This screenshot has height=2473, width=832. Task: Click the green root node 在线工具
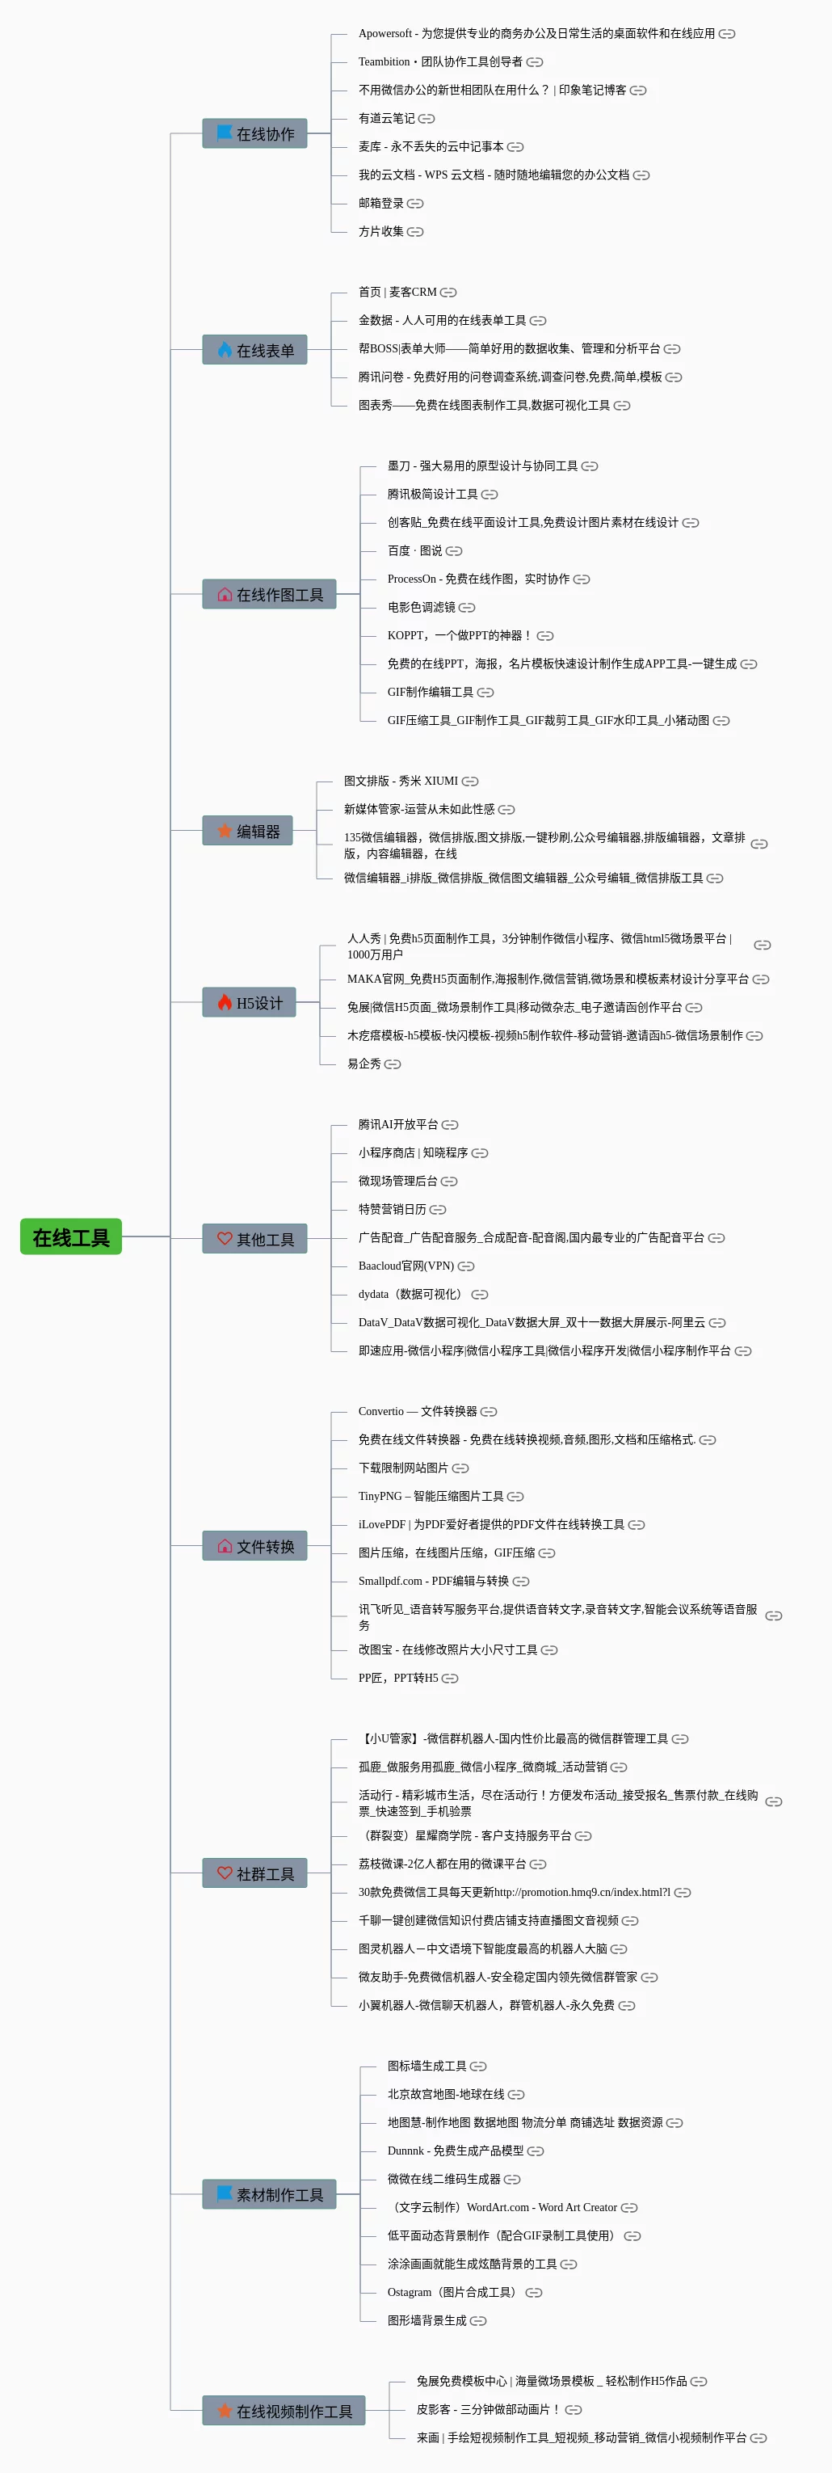tap(71, 1236)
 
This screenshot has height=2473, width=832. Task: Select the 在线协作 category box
tap(254, 133)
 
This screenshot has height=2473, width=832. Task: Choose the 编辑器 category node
tap(246, 831)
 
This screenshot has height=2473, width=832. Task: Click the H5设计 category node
tap(249, 1002)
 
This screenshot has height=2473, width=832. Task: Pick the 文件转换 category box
tap(254, 1545)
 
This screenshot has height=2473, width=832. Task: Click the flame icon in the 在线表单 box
tap(225, 349)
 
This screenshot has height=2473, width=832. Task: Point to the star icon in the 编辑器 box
tap(225, 831)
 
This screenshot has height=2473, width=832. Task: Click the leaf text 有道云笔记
tap(386, 118)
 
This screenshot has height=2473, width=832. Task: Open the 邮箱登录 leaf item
tap(381, 204)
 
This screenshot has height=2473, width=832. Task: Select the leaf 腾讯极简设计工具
tap(432, 495)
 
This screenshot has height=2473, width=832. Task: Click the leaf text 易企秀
tap(363, 1064)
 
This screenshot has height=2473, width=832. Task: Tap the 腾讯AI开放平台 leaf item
tap(397, 1124)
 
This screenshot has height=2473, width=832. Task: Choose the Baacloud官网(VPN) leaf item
tap(406, 1266)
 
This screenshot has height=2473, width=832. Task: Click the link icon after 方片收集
tap(415, 231)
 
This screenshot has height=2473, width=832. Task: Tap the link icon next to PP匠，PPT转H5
tap(450, 1678)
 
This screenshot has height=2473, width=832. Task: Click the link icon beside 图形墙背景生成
tap(478, 2320)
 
